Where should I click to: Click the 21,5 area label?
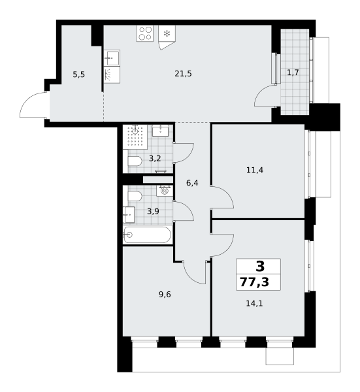tap(183, 74)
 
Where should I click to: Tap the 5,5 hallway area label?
tap(79, 74)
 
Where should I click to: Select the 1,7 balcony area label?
tap(293, 73)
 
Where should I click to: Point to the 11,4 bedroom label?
tap(255, 171)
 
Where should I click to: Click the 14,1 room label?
tap(255, 304)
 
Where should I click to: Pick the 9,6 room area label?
tap(165, 295)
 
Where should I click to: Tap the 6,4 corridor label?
tap(192, 183)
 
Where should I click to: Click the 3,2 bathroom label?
tap(155, 158)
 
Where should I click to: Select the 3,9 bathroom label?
tap(153, 212)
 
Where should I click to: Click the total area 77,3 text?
tap(255, 282)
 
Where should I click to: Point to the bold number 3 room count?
tap(260, 267)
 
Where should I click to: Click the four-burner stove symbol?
tap(145, 33)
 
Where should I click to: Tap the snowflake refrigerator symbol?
tap(167, 33)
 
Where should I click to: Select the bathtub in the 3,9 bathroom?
tap(148, 235)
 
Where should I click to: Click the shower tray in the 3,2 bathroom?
tap(135, 137)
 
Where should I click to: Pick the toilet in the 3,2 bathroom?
tap(135, 161)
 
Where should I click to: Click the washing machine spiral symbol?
tap(165, 191)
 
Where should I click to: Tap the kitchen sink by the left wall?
tap(112, 57)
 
